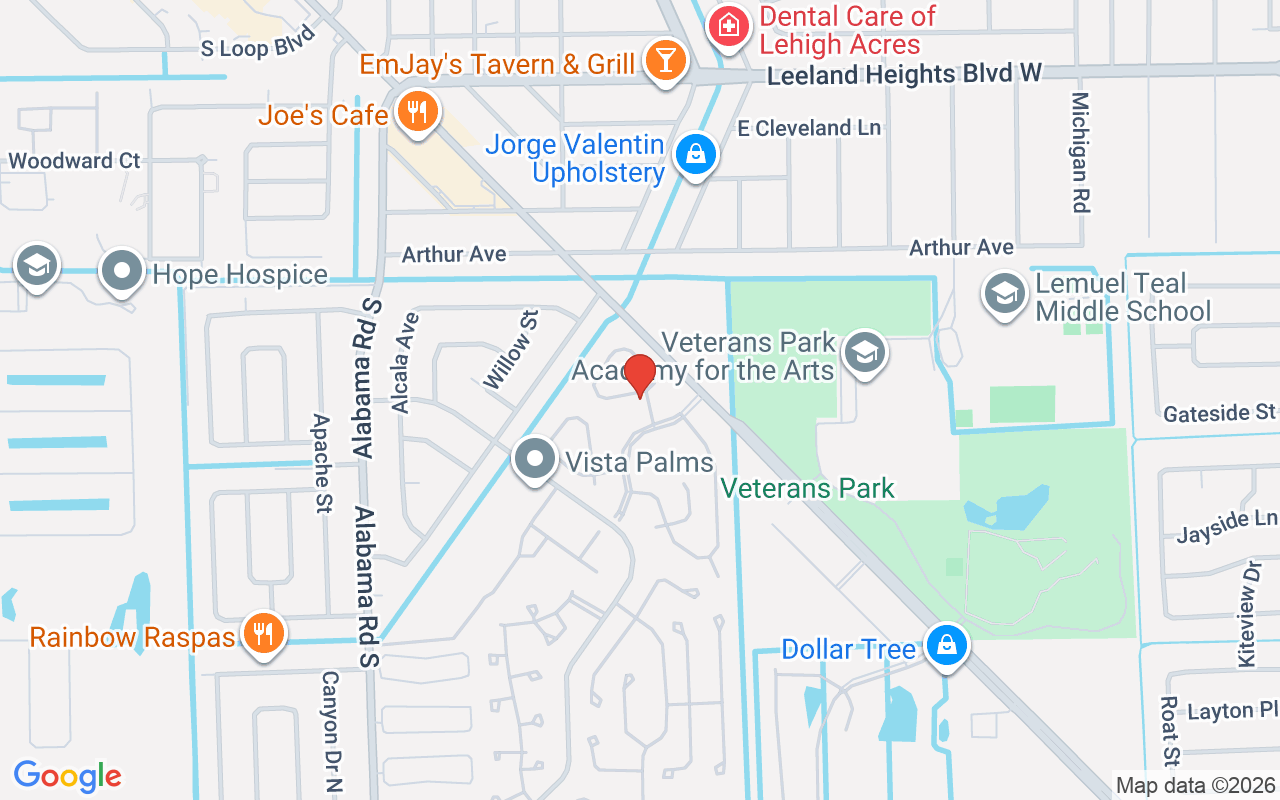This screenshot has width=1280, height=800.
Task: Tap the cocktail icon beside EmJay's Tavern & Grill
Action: coord(663,60)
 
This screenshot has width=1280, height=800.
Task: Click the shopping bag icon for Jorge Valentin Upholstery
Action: coord(695,155)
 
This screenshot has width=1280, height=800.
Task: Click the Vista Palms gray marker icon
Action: coord(535,459)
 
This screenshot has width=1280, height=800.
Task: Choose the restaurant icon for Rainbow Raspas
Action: coord(263,634)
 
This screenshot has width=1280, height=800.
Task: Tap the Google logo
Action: coord(67,775)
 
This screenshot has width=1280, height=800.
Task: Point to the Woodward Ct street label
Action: coord(74,161)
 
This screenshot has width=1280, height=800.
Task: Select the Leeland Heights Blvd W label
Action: coord(904,74)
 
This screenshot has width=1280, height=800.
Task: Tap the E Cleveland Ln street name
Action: coord(809,128)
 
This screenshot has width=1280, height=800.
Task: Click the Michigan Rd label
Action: coord(1079,152)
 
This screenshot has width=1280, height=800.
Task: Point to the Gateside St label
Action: coord(1220,413)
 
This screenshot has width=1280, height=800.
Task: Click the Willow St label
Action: coord(511,349)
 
